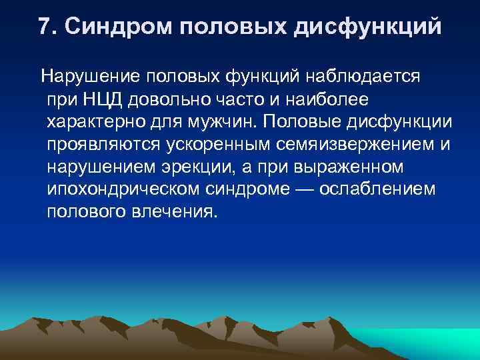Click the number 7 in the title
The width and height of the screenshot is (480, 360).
(44, 26)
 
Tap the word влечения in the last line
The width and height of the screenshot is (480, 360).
(177, 213)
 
